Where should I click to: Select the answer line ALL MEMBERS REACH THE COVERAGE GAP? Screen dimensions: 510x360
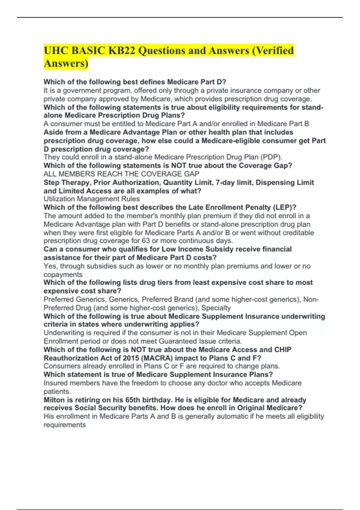tap(121, 174)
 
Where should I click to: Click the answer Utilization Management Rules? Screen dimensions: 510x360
tap(91, 199)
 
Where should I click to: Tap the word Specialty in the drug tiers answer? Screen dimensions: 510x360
tap(216, 308)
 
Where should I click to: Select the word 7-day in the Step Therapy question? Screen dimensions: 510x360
tap(226, 182)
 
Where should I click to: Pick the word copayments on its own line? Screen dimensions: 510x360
tap(63, 274)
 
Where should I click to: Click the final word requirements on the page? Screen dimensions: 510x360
tap(64, 425)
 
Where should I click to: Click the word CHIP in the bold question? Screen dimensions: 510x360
tap(283, 349)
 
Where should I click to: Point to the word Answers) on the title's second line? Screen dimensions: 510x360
tap(66, 64)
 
